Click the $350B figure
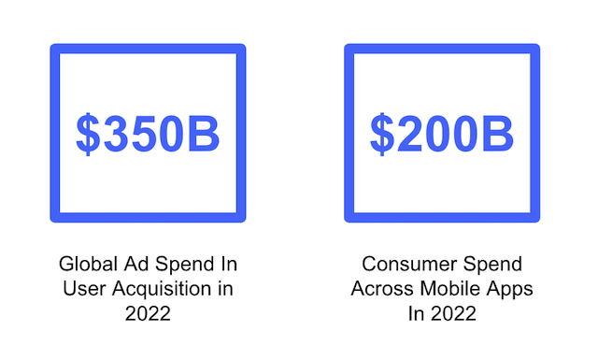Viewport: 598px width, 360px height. [x=148, y=135]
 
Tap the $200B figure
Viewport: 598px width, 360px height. [x=442, y=135]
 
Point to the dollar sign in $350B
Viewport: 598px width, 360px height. [x=87, y=135]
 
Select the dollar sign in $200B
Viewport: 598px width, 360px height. [x=381, y=135]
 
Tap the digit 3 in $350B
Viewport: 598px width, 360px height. [x=116, y=135]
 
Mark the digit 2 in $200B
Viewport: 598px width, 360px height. [x=410, y=135]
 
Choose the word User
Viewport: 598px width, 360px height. [x=81, y=289]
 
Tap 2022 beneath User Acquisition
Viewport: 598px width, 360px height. [x=148, y=313]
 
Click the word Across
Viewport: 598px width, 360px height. [x=379, y=289]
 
